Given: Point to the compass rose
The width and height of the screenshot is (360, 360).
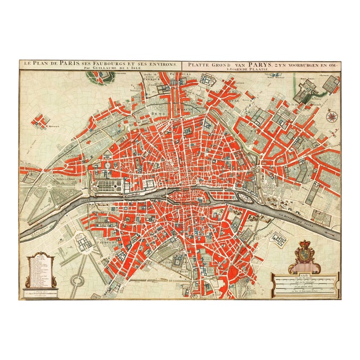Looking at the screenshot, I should click(332, 117).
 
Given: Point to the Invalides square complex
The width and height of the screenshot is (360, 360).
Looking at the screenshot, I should click(83, 242).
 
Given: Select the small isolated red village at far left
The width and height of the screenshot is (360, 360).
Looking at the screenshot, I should click(40, 121).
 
